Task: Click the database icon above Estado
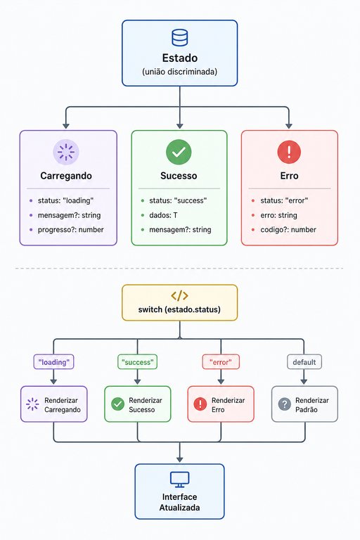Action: coord(180,37)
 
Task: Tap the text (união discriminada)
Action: coord(179,72)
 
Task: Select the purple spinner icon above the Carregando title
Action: coord(66,152)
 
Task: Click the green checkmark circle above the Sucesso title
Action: coord(179,152)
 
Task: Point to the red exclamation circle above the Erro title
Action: coord(289,152)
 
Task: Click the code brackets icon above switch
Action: coord(179,295)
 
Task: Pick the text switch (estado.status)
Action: coord(179,309)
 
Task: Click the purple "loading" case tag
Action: coord(53,362)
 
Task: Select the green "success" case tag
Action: coord(137,362)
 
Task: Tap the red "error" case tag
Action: coord(221,362)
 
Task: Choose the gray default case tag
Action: coord(304,362)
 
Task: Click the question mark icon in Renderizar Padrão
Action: coord(285,404)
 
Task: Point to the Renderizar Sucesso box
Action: coord(137,404)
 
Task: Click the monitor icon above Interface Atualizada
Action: coord(179,480)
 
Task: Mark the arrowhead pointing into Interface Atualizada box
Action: coord(179,459)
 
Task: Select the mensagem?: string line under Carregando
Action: coord(69,215)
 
